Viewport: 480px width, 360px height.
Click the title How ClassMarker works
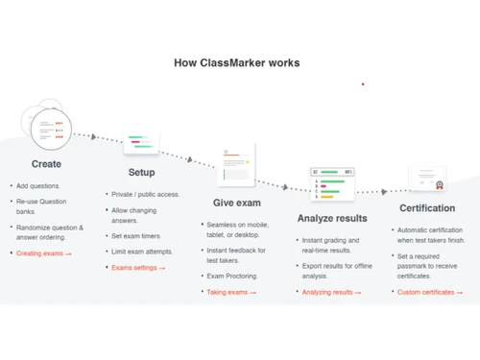coord(236,63)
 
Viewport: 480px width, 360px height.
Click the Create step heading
coord(46,164)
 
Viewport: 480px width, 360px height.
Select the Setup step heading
coord(141,173)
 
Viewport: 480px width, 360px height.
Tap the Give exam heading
coord(237,203)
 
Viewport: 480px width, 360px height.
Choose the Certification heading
coord(427,208)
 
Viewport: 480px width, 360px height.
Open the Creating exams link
coord(41,253)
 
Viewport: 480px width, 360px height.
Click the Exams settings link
coord(136,268)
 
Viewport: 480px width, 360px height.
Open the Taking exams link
coord(230,292)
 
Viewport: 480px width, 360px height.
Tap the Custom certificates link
coord(427,292)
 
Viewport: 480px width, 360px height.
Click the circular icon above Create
coord(48,130)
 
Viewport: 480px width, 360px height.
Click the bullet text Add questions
coord(38,186)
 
